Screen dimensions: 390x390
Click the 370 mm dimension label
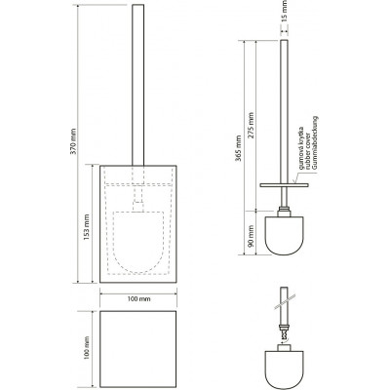click(x=74, y=141)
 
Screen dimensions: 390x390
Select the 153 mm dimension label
click(x=87, y=226)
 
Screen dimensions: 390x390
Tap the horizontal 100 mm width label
click(x=138, y=299)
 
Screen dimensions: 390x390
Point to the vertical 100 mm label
click(x=87, y=348)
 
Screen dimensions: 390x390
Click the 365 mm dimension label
click(x=239, y=148)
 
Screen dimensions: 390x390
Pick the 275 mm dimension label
click(x=251, y=126)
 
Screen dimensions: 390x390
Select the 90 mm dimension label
click(x=251, y=237)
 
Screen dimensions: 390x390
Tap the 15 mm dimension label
click(x=285, y=11)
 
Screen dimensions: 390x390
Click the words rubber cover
click(x=307, y=152)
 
